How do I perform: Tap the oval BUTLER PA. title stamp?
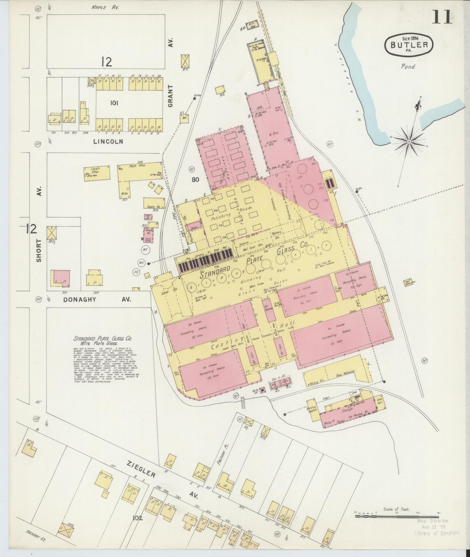tap(409, 45)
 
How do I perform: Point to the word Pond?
tap(408, 67)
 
